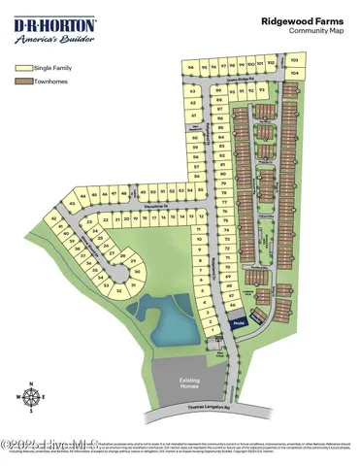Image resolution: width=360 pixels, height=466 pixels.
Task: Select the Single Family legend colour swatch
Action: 23,69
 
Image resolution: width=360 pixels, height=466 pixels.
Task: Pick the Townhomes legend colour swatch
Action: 23,83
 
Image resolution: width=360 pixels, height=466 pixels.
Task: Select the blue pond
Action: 167,322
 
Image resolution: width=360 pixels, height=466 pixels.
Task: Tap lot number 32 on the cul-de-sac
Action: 118,290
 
